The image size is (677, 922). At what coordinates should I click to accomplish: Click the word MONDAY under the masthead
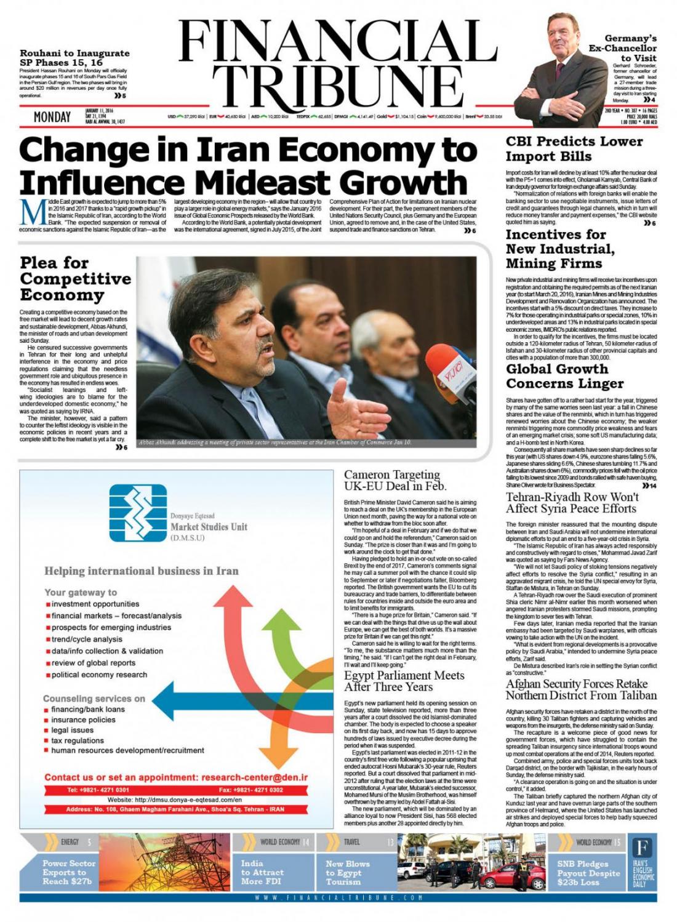pyautogui.click(x=52, y=116)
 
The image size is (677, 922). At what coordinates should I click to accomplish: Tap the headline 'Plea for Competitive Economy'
pyautogui.click(x=75, y=279)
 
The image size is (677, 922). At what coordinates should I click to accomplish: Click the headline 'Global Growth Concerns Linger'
pyautogui.click(x=564, y=376)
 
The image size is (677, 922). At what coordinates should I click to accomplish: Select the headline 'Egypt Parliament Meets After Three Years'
pyautogui.click(x=404, y=681)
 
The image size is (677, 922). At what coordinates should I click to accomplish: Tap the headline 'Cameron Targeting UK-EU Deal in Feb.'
pyautogui.click(x=395, y=480)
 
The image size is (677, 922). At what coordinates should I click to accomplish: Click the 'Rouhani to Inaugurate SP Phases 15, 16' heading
pyautogui.click(x=74, y=57)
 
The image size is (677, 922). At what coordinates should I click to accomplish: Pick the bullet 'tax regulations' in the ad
pyautogui.click(x=77, y=740)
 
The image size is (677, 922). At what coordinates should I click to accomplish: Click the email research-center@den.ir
pyautogui.click(x=254, y=777)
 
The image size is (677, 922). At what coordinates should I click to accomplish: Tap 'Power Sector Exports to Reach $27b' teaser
pyautogui.click(x=69, y=872)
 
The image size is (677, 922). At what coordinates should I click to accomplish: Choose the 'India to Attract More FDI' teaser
pyautogui.click(x=262, y=872)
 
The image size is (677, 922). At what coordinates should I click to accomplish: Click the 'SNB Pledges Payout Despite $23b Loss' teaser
pyautogui.click(x=588, y=873)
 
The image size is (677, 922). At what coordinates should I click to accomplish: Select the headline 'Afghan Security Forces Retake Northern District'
pyautogui.click(x=581, y=689)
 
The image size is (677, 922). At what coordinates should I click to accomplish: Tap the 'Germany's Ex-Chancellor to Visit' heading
pyautogui.click(x=622, y=48)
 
